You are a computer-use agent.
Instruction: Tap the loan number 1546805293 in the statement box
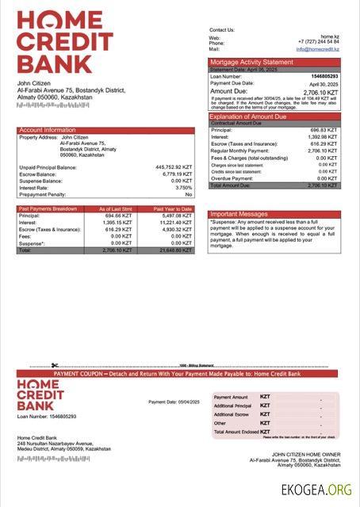point(323,77)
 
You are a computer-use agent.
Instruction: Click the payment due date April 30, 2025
point(324,83)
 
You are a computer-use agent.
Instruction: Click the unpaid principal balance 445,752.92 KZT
point(174,168)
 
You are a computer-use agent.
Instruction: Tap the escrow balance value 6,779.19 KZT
point(177,174)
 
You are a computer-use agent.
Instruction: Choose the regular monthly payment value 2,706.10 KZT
point(324,151)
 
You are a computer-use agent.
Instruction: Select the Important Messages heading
point(239,214)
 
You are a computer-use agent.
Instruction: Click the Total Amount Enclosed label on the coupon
point(235,431)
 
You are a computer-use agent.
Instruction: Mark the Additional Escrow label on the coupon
point(232,414)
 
